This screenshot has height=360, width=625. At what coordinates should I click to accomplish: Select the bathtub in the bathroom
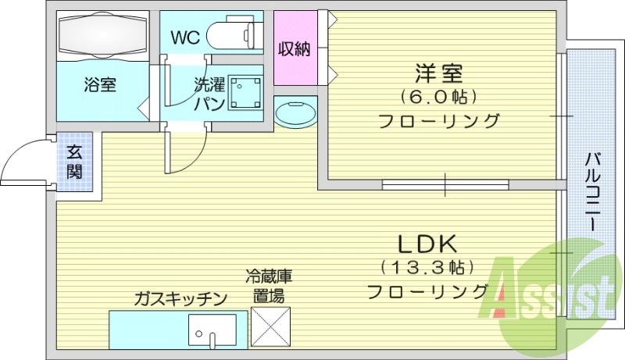click(x=103, y=36)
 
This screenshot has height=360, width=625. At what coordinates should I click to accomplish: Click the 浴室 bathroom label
click(x=100, y=85)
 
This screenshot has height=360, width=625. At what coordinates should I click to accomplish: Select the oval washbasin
click(x=296, y=114)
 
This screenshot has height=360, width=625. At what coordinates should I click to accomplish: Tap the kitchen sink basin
click(x=212, y=331)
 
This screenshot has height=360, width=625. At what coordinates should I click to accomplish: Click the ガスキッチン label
click(x=180, y=298)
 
